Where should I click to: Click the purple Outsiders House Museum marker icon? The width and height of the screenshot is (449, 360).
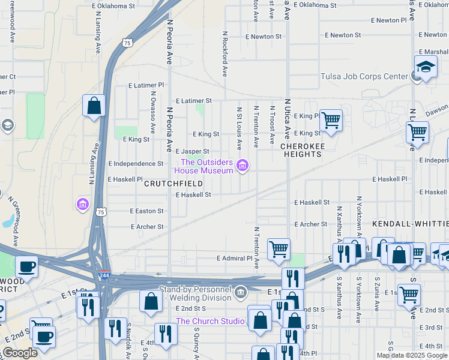pos(242,166)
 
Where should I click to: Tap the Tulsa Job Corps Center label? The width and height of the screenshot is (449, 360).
pos(364,76)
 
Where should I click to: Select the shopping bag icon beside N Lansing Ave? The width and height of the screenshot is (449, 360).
pos(94,107)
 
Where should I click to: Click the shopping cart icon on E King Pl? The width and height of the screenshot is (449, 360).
pos(331,121)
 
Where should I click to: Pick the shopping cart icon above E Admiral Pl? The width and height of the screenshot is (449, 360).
pos(279,249)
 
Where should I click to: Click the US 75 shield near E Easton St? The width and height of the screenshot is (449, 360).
pos(101,212)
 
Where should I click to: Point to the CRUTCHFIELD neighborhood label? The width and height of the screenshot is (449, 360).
pos(173,184)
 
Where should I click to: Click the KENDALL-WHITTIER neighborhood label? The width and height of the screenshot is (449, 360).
pos(410,223)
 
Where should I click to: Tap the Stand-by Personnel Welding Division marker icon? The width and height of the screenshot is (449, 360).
pos(241,292)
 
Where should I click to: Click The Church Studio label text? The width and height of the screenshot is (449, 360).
pos(209,321)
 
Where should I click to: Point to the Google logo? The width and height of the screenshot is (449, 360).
pos(20,353)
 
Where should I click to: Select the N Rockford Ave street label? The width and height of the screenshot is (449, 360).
pos(224,54)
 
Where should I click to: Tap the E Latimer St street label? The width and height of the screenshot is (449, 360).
pos(193,101)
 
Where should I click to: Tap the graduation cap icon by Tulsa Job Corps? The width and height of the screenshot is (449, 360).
pos(425,66)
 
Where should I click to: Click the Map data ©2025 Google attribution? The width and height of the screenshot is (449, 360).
pos(412,355)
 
